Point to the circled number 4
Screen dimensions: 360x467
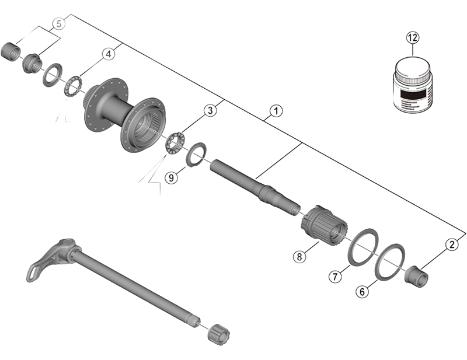point(107,54)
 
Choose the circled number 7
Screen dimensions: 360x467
point(334,277)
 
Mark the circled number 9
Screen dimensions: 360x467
point(170,178)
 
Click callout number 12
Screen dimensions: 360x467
point(413,38)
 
